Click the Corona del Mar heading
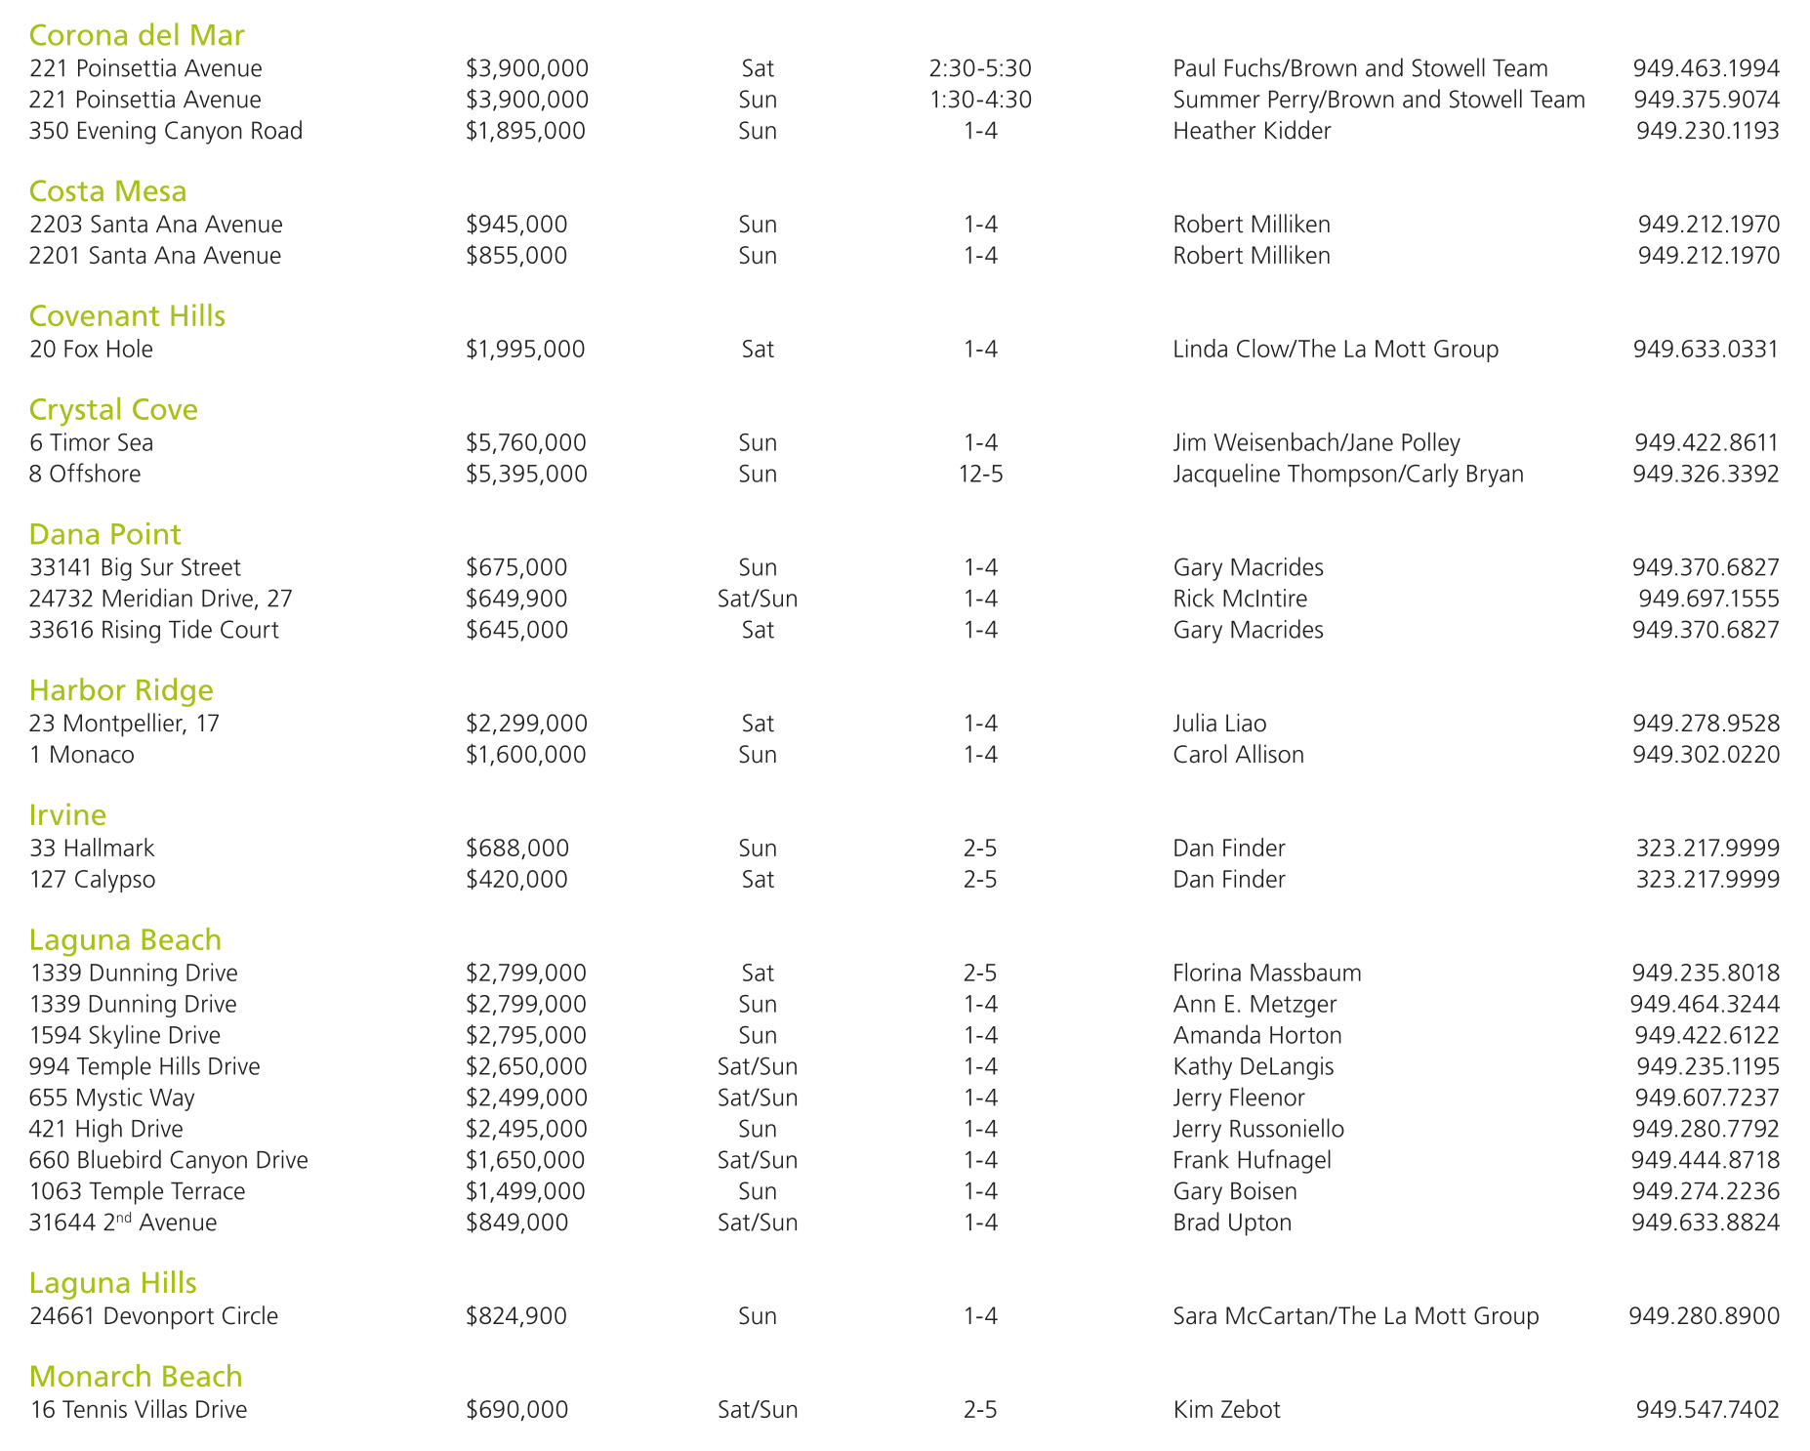point(137,35)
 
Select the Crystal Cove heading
point(113,409)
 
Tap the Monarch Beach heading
point(136,1376)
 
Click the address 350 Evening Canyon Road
point(166,131)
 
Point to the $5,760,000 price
point(526,442)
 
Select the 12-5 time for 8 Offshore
point(980,474)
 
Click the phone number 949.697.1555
point(1708,599)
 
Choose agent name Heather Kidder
point(1252,131)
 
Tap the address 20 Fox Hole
point(91,349)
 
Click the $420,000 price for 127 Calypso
point(516,879)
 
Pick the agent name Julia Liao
point(1219,724)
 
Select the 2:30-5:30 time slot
point(980,68)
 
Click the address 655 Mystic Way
point(112,1098)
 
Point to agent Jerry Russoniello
point(1258,1129)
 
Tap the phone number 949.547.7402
point(1707,1409)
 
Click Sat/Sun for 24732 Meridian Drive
point(758,599)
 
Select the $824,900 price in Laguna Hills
point(516,1315)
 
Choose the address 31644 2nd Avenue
point(123,1223)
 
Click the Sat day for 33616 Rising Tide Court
point(758,630)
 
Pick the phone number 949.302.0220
point(1706,755)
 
